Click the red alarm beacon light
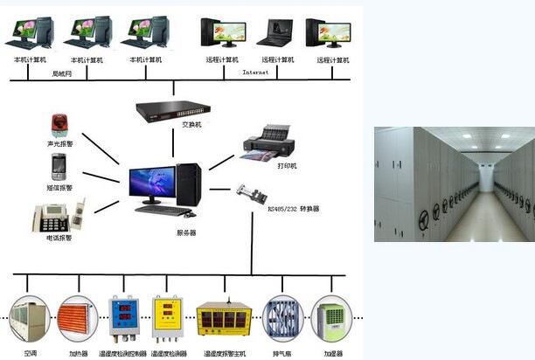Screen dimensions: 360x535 click(x=59, y=125)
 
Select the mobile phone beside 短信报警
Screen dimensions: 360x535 click(x=59, y=166)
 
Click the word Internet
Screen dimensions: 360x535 click(x=255, y=73)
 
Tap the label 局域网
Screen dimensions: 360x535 click(x=62, y=73)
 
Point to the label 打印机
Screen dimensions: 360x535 click(x=287, y=165)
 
